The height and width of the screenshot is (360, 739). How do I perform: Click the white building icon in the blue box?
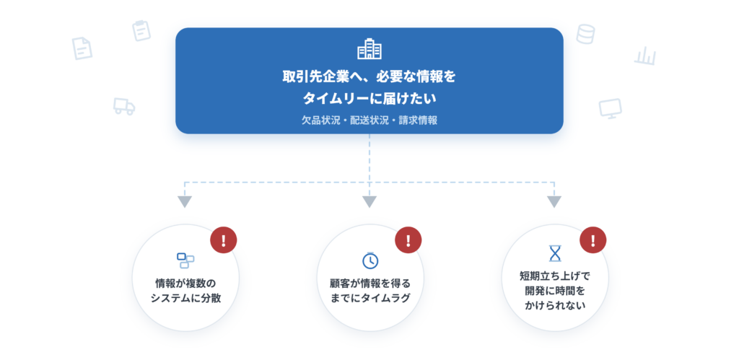(x=369, y=49)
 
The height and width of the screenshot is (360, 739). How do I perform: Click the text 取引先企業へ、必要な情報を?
(x=369, y=76)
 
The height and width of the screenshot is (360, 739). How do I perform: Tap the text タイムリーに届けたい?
(x=369, y=99)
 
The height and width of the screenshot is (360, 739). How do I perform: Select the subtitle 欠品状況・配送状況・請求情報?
(x=369, y=120)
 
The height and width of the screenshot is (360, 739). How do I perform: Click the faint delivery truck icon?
(x=124, y=106)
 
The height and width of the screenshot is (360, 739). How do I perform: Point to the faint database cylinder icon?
(x=585, y=34)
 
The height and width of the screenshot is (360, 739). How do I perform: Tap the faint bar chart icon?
(x=644, y=56)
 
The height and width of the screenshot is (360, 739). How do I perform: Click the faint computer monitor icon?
(x=611, y=108)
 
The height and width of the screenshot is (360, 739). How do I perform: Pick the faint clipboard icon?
(x=141, y=30)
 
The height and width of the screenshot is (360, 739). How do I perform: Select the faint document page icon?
(x=82, y=48)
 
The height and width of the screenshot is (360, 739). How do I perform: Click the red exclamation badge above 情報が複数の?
(x=224, y=240)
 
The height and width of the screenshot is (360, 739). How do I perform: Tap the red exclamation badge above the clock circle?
(x=408, y=240)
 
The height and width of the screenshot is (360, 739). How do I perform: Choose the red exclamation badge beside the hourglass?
(x=593, y=240)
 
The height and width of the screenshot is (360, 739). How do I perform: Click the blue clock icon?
(x=370, y=260)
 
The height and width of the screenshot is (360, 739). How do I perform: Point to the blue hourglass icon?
(x=556, y=253)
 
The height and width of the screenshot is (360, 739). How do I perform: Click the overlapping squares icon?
(x=185, y=260)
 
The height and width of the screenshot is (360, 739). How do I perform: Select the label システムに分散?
(x=185, y=298)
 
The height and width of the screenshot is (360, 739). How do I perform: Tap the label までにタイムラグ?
(x=370, y=298)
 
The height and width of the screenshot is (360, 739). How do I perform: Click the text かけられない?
(x=555, y=305)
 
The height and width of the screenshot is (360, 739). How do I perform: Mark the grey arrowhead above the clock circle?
(x=369, y=202)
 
